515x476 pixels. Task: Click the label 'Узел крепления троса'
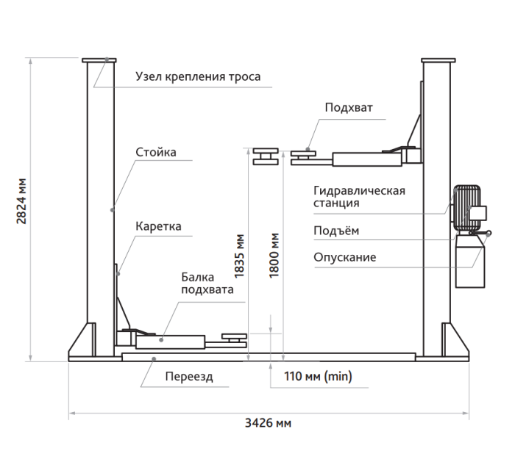pyautogui.click(x=198, y=76)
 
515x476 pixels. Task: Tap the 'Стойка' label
pyautogui.click(x=156, y=152)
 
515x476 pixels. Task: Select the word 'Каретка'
pyautogui.click(x=158, y=226)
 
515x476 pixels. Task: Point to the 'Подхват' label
pyautogui.click(x=349, y=107)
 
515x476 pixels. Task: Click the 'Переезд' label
pyautogui.click(x=189, y=376)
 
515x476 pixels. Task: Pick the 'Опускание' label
pyautogui.click(x=344, y=257)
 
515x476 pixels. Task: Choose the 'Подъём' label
pyautogui.click(x=336, y=231)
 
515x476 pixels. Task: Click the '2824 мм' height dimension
pyautogui.click(x=21, y=201)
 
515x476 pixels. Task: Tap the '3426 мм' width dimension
pyautogui.click(x=268, y=423)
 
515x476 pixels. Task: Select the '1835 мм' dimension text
pyautogui.click(x=239, y=256)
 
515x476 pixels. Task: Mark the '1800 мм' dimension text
pyautogui.click(x=274, y=256)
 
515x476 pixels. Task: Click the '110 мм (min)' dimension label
pyautogui.click(x=318, y=376)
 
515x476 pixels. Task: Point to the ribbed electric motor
pyautogui.click(x=466, y=208)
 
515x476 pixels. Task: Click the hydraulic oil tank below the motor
pyautogui.click(x=469, y=262)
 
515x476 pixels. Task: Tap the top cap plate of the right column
pyautogui.click(x=438, y=60)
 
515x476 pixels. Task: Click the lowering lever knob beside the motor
pyautogui.click(x=489, y=234)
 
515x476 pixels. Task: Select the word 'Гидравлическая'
pyautogui.click(x=359, y=190)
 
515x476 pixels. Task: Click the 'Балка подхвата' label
pyautogui.click(x=207, y=284)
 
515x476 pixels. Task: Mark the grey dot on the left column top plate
pyautogui.click(x=107, y=59)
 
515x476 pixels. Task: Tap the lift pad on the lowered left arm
pyautogui.click(x=234, y=337)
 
